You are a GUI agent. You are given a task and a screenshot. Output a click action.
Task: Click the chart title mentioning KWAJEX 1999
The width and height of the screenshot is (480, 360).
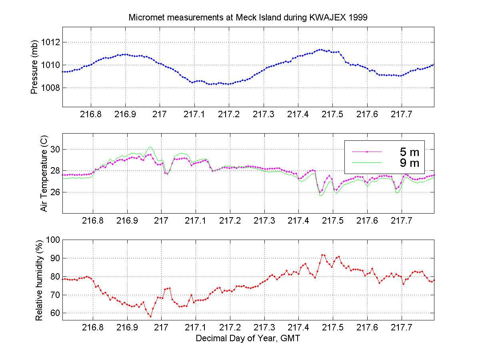[x=248, y=18]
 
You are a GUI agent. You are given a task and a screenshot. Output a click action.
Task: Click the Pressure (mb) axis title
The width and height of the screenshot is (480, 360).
[x=34, y=67]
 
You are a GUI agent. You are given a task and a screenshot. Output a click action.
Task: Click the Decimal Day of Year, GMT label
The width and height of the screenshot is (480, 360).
[x=248, y=339]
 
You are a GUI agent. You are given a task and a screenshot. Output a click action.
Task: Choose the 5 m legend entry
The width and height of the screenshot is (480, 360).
[x=410, y=152]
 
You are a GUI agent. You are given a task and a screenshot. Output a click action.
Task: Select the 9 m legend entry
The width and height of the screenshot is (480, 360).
[x=410, y=162]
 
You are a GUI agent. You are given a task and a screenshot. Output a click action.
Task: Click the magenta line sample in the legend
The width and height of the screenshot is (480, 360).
[x=367, y=152]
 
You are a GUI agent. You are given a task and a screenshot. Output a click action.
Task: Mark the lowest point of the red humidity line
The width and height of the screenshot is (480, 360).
[x=150, y=316]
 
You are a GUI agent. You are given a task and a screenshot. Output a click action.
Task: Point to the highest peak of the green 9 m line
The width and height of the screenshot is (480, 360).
[x=150, y=146]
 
